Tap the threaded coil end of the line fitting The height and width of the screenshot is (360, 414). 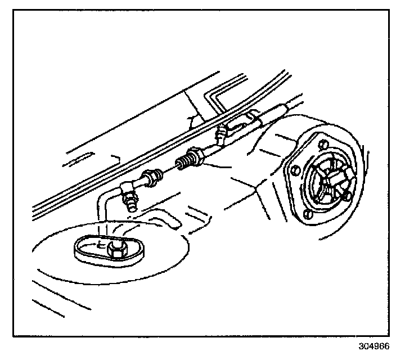[183, 163]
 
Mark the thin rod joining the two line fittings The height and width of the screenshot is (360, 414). [168, 170]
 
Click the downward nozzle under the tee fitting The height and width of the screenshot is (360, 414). [131, 202]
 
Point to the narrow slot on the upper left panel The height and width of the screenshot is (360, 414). [79, 160]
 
